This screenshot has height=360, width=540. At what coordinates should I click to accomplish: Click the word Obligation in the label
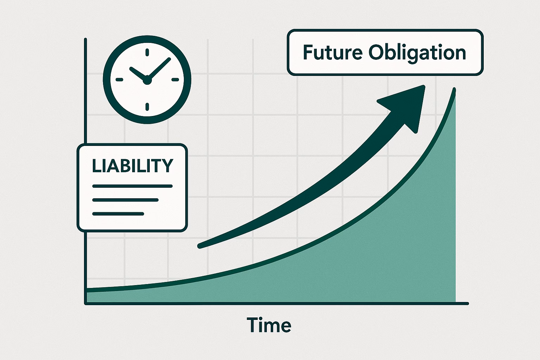point(417,53)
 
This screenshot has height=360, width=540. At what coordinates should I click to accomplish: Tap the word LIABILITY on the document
point(133,166)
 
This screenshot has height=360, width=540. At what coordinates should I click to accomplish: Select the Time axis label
point(269,325)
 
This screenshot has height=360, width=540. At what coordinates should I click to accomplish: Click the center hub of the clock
point(147,80)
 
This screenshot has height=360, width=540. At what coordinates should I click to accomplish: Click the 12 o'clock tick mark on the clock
point(147,52)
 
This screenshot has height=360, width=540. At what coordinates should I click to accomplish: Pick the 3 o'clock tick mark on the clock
point(175,79)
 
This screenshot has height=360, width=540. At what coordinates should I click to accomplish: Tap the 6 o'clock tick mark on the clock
point(147,107)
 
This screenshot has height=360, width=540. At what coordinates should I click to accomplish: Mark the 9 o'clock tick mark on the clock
point(119,79)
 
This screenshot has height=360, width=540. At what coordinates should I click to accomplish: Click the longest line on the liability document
point(133,186)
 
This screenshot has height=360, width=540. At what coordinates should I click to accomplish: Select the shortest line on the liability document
point(118,214)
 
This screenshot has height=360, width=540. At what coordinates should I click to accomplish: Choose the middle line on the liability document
point(126,200)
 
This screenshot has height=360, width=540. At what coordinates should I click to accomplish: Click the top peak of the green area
point(455,89)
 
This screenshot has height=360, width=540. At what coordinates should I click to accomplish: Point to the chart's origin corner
point(85,304)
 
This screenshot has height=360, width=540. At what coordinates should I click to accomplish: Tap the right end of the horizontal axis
point(468,304)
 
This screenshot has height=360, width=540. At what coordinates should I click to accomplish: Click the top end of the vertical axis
point(85,39)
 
